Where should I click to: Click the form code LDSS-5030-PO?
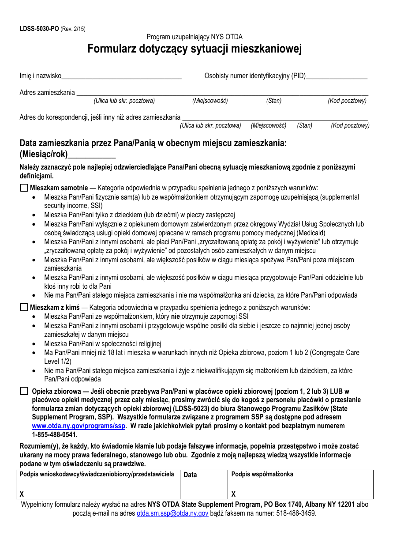pyautogui.click(x=39, y=29)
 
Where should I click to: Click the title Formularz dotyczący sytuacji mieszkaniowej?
pyautogui.click(x=195, y=49)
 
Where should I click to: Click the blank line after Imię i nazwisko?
pyautogui.click(x=121, y=76)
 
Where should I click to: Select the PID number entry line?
pyautogui.click(x=337, y=76)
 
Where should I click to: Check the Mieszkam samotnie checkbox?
pyautogui.click(x=24, y=188)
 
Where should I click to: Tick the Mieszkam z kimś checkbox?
pyautogui.click(x=24, y=307)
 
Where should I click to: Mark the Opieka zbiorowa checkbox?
pyautogui.click(x=24, y=391)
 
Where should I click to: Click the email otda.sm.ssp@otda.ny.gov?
pyautogui.click(x=172, y=513)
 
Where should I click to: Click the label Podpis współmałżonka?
pyautogui.click(x=262, y=475)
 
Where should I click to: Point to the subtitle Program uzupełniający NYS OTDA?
pyautogui.click(x=195, y=37)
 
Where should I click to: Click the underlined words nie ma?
pyautogui.click(x=188, y=295)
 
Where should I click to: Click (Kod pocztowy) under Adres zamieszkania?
pyautogui.click(x=347, y=101)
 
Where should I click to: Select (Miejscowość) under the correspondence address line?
pyautogui.click(x=269, y=125)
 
